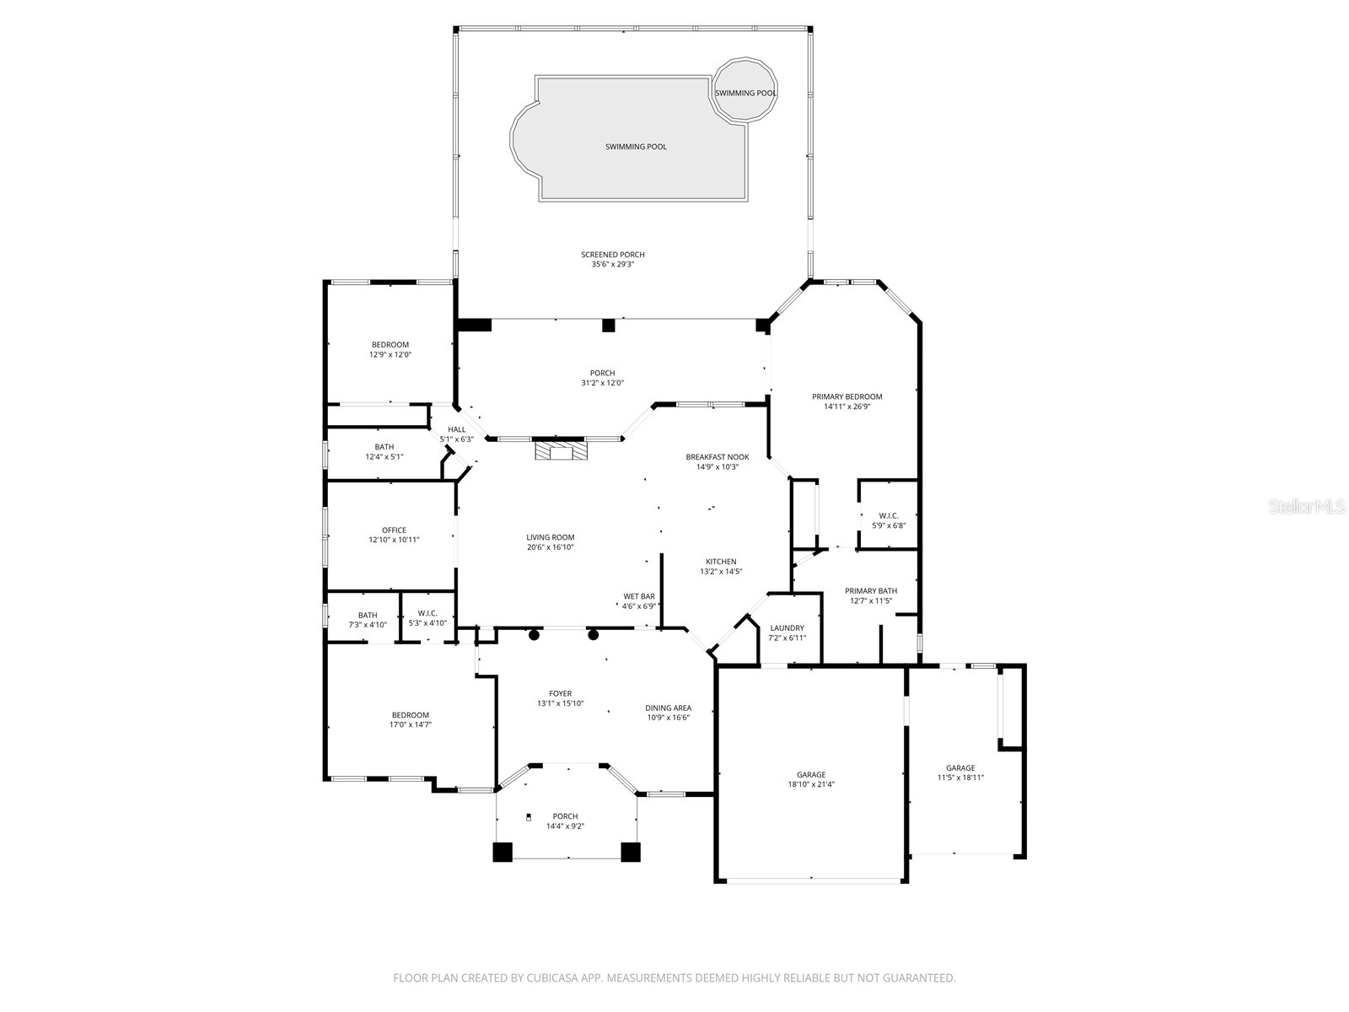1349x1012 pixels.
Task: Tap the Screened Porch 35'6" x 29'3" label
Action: tap(612, 260)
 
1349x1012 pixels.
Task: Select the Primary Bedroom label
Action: tap(846, 401)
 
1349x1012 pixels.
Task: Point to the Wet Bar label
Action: tap(638, 601)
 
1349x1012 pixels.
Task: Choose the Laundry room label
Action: tap(787, 632)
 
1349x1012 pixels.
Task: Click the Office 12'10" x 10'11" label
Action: tap(394, 536)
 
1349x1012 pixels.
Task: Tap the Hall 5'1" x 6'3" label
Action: tap(456, 434)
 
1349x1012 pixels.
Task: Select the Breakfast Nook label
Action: tap(717, 461)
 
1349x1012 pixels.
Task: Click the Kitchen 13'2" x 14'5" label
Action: tap(721, 567)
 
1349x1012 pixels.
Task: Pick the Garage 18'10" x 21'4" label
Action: tap(811, 779)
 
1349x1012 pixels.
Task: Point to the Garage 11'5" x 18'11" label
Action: tap(959, 772)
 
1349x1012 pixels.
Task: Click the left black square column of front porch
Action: tap(503, 852)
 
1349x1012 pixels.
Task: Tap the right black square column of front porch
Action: tap(630, 852)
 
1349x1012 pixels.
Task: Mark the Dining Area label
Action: tap(668, 713)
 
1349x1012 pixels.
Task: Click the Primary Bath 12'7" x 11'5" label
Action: tap(871, 596)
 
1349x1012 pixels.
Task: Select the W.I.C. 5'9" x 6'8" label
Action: tap(888, 520)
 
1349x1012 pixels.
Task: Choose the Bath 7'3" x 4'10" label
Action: tap(368, 620)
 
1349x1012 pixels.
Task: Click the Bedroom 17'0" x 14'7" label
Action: tap(410, 719)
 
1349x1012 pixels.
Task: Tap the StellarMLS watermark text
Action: tap(1307, 506)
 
